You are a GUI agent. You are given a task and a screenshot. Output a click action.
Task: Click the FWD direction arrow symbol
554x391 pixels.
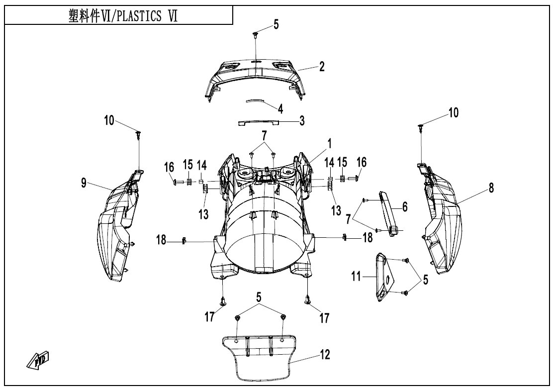coord(38,359)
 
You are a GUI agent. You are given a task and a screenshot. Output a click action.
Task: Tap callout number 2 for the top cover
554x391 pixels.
coord(322,66)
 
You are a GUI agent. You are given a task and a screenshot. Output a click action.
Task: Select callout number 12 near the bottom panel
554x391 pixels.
coord(325,354)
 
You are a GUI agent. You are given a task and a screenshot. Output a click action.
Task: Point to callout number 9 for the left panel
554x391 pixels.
coord(84,183)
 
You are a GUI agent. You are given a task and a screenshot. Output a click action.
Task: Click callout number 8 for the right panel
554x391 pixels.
coord(491,188)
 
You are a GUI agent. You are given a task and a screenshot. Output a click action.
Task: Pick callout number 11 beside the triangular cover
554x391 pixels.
coord(356,276)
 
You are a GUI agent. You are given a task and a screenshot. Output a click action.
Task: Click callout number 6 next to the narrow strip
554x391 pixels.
coord(404,206)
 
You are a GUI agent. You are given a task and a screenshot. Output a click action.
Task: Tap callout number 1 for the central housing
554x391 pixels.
coord(329,144)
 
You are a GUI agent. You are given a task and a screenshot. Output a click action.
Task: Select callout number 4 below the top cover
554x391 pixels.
coord(280,109)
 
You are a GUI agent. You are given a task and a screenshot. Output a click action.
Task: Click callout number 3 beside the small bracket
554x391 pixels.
coord(301,121)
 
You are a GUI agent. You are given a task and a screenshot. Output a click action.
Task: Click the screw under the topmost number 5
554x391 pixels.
coord(255,34)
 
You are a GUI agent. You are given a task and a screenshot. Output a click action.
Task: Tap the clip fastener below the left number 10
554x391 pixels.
coord(138,135)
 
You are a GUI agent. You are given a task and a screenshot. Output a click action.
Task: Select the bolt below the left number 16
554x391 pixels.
coord(178,183)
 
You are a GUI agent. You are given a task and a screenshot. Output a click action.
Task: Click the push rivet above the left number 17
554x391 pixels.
coord(222,301)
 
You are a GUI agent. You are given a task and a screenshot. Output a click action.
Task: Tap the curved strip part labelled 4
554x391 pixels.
coord(255,100)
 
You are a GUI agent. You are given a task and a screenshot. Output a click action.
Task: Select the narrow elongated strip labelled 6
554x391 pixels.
coord(389,213)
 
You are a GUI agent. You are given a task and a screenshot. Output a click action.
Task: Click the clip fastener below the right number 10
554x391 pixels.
coord(420,127)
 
